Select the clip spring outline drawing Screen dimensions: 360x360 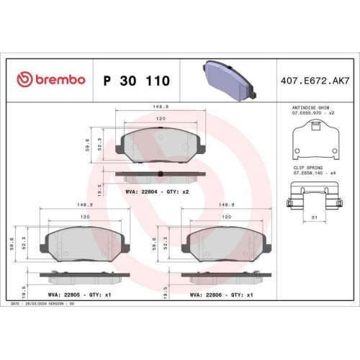coord(315,195)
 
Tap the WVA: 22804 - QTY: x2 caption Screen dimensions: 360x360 coord(157,193)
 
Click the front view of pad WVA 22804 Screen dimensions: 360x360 coord(160,146)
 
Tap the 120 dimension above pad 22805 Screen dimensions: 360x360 coord(84,216)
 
